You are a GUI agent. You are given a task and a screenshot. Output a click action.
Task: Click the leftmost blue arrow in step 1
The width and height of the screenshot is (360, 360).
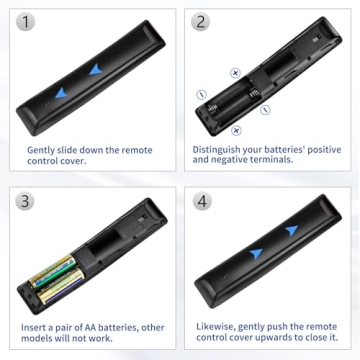click(62, 93)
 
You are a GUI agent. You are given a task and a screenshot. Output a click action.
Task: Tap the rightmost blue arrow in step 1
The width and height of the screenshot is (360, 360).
click(95, 71)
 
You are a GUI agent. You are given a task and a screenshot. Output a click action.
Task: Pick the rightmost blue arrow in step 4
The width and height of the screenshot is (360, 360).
click(291, 230)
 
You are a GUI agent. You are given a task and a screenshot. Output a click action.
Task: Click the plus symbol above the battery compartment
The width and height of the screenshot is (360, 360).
click(236, 73)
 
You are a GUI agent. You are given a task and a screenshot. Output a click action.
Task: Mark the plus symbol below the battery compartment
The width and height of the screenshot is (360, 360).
click(237, 130)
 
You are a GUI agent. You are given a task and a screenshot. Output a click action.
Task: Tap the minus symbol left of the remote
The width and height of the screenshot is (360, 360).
click(201, 95)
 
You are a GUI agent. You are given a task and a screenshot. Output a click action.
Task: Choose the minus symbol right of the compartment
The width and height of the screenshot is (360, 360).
click(266, 110)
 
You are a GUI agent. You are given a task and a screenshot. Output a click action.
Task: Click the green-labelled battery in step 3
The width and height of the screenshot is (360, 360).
click(62, 268)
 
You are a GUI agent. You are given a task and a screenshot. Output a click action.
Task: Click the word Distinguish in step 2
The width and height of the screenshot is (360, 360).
click(222, 149)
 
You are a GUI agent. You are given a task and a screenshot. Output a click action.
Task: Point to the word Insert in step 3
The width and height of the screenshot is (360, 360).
click(38, 327)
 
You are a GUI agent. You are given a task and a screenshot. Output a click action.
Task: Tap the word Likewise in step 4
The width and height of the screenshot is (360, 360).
click(216, 327)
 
